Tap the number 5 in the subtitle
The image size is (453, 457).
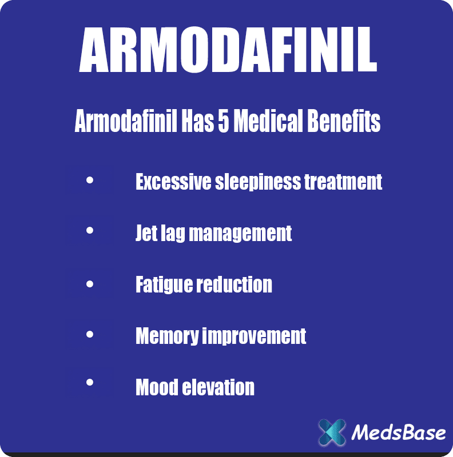222,122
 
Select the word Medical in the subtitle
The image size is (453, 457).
265,122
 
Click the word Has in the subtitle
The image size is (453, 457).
194,122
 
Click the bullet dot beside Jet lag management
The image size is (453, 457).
90,230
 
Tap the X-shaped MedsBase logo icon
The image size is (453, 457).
332,432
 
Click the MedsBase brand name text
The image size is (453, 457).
398,432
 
